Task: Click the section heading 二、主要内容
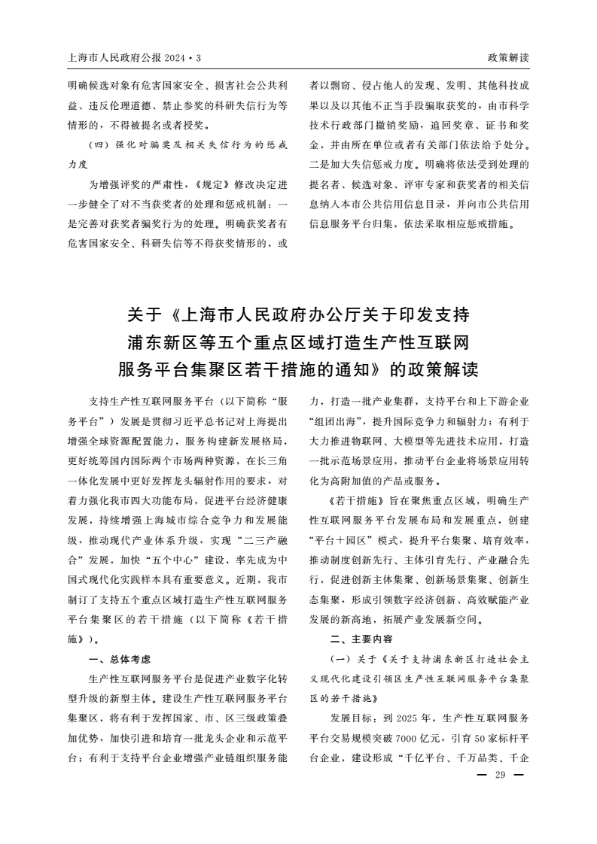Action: pos(361,639)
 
